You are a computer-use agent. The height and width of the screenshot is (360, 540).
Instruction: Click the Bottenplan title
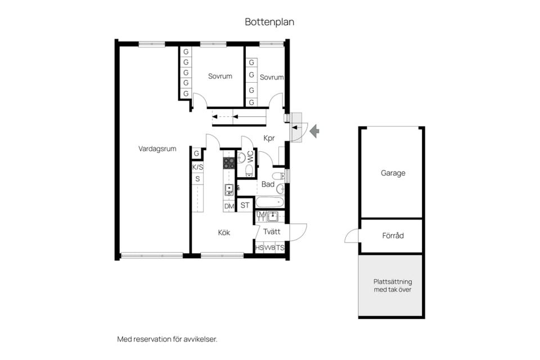click(269, 22)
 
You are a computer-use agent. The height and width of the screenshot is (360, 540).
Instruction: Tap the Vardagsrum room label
click(157, 149)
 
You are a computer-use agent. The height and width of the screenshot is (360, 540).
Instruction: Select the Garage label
click(393, 173)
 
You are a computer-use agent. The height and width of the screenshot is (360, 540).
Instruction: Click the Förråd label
click(393, 236)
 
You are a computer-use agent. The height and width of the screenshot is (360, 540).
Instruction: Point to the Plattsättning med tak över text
click(393, 286)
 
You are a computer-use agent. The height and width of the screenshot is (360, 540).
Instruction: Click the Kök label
click(224, 232)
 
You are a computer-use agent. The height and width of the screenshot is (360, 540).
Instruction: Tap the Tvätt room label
click(272, 232)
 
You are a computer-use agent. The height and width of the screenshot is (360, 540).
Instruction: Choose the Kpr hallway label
click(269, 138)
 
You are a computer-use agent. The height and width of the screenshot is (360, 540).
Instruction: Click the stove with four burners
click(229, 163)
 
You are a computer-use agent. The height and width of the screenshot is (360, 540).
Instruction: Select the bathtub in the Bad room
click(269, 202)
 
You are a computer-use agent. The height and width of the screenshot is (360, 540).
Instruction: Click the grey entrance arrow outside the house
click(314, 131)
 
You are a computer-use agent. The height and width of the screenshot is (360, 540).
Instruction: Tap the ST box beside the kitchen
click(245, 205)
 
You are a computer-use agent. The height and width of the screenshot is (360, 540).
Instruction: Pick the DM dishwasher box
click(229, 206)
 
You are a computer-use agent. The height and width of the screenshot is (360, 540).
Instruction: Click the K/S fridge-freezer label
click(197, 168)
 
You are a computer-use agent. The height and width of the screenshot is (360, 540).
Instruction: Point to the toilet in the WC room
click(249, 170)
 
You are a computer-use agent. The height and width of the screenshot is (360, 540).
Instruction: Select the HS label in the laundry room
click(259, 247)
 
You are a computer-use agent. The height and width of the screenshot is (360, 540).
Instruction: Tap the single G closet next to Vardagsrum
click(197, 154)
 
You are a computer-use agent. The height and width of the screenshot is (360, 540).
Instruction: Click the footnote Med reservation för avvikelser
click(168, 339)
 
